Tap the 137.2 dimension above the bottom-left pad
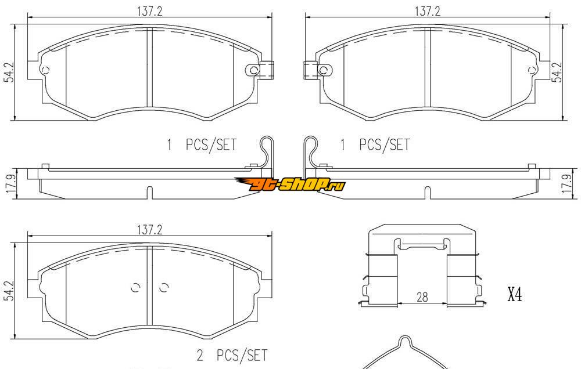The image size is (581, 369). click(x=150, y=230)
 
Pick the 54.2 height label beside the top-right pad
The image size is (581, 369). click(x=557, y=72)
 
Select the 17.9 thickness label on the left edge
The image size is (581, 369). click(x=10, y=183)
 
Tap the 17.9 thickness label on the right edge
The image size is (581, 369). click(x=567, y=183)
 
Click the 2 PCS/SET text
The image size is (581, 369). click(x=232, y=355)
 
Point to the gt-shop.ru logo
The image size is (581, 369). click(x=290, y=184)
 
